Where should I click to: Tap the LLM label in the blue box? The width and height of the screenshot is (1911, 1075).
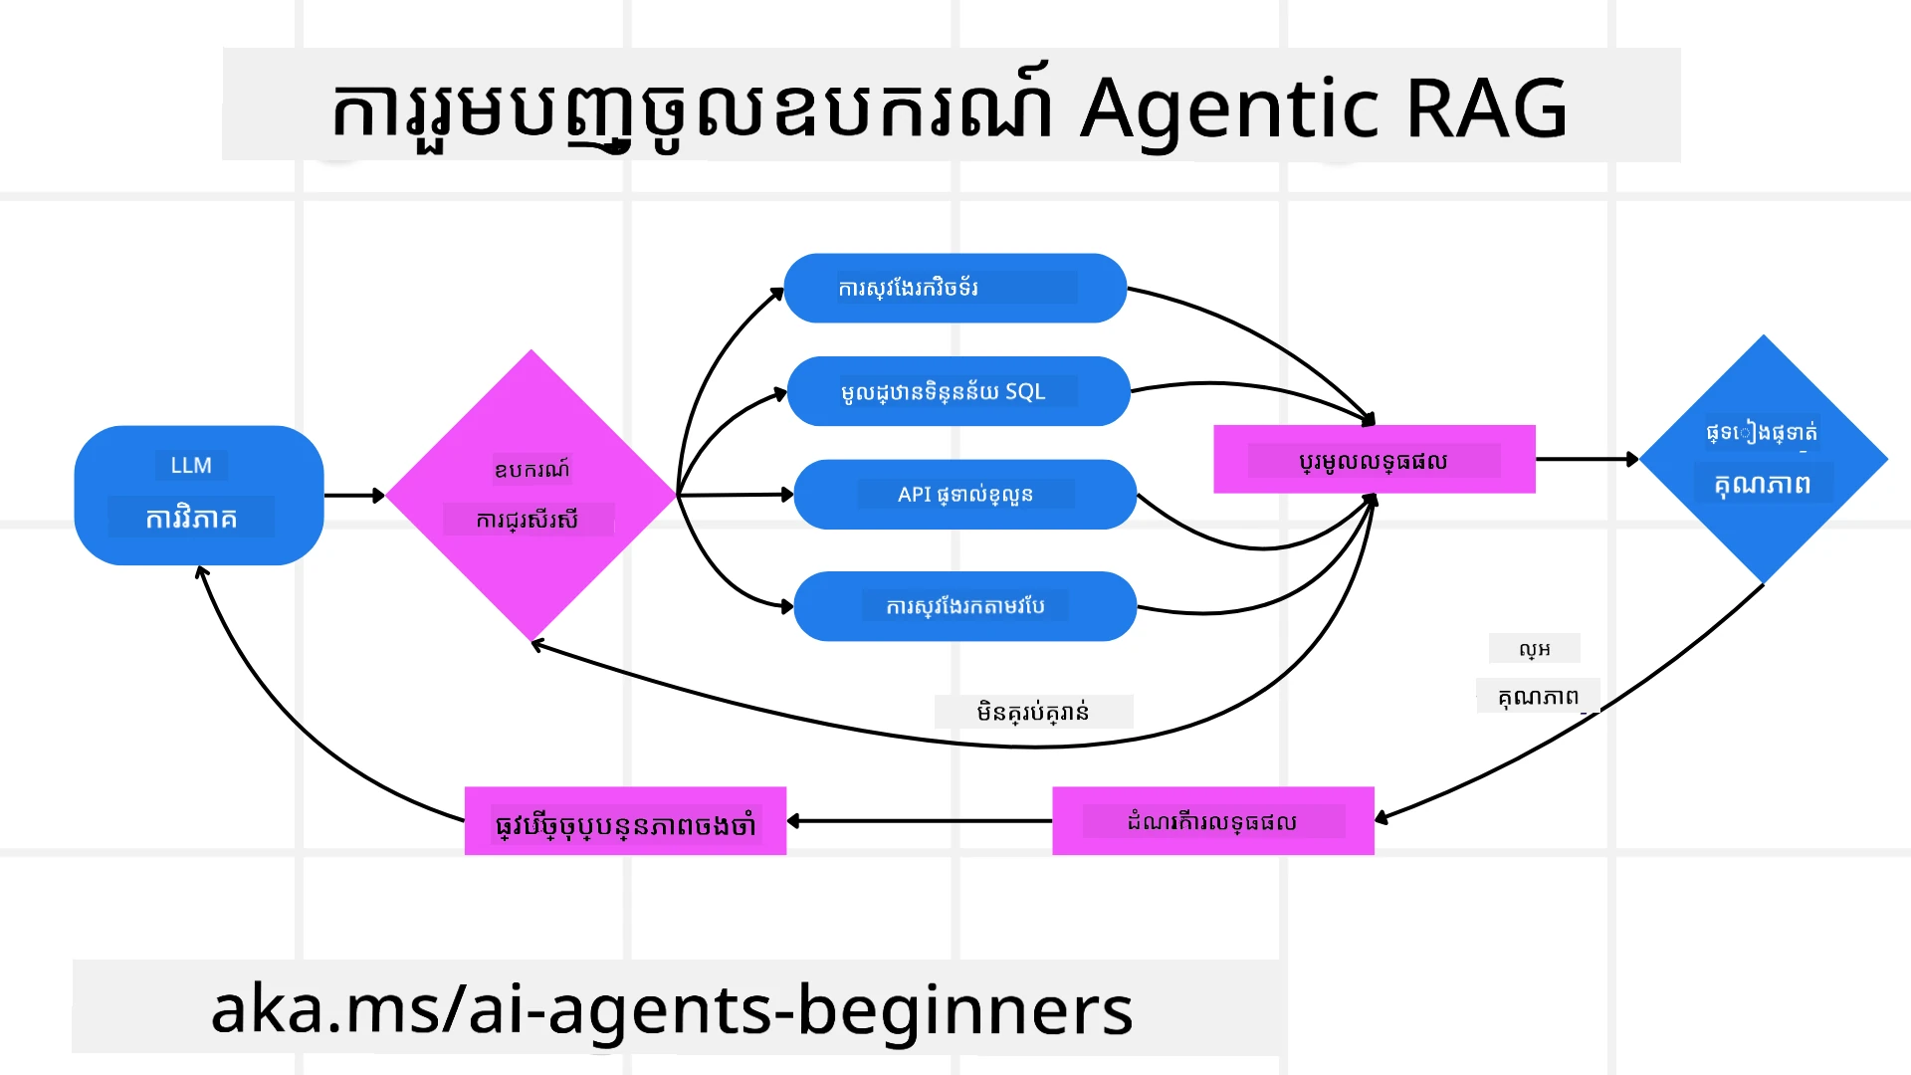[x=191, y=465]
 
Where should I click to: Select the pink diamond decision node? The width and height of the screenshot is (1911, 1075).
[x=531, y=495]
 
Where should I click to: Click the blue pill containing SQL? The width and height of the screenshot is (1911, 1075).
[x=957, y=391]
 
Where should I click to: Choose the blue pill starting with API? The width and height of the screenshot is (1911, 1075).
[x=964, y=495]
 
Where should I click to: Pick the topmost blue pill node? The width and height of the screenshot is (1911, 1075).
[x=955, y=288]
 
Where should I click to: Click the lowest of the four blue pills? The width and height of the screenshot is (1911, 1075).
[x=964, y=606]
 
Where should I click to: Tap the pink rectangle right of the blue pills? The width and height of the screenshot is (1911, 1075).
[x=1374, y=460]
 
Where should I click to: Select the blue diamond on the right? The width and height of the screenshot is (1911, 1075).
[x=1763, y=459]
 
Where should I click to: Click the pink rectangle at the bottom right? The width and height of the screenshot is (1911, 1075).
[x=1212, y=821]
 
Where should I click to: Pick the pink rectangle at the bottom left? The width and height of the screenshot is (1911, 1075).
[x=625, y=822]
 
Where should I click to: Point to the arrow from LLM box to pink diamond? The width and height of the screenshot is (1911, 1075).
[x=353, y=495]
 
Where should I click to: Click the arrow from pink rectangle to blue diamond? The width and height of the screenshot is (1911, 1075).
[x=1587, y=459]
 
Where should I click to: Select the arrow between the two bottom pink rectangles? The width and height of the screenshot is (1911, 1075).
[x=920, y=821]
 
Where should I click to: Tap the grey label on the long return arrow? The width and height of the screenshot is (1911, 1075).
[x=1033, y=712]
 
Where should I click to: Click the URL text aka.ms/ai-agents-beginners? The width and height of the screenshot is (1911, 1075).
[x=672, y=1009]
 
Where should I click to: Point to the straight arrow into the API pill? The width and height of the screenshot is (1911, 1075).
[x=737, y=494]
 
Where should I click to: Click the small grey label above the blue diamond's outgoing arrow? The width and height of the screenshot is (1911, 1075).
[x=1534, y=649]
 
